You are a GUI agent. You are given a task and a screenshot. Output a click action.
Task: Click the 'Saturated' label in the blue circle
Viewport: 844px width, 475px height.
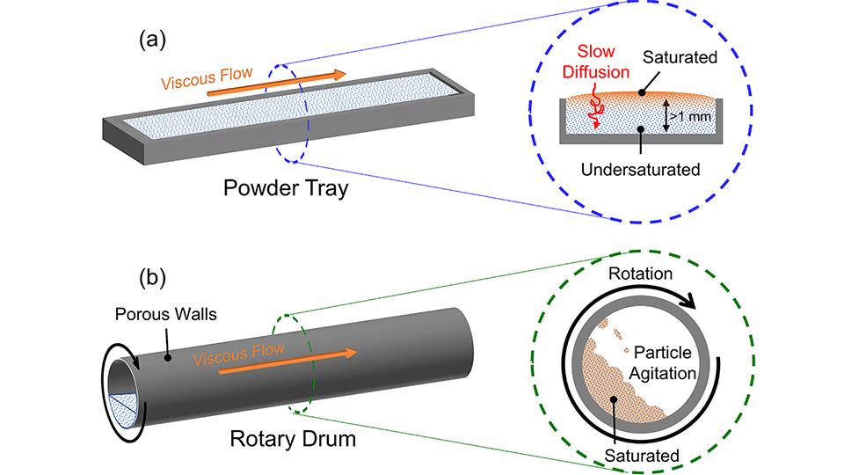(680, 57)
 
